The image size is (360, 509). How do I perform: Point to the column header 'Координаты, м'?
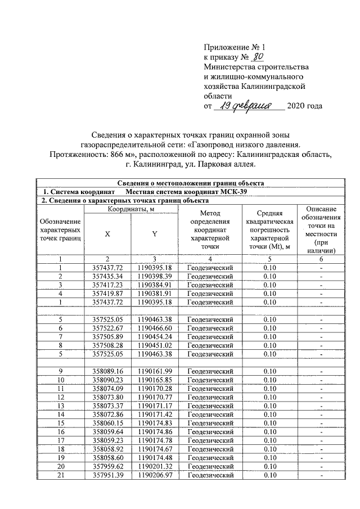tap(130, 210)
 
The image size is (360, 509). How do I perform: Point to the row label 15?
tap(60, 423)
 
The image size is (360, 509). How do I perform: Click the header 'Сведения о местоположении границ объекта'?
tap(188, 183)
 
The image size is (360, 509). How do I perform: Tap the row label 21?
tap(60, 475)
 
